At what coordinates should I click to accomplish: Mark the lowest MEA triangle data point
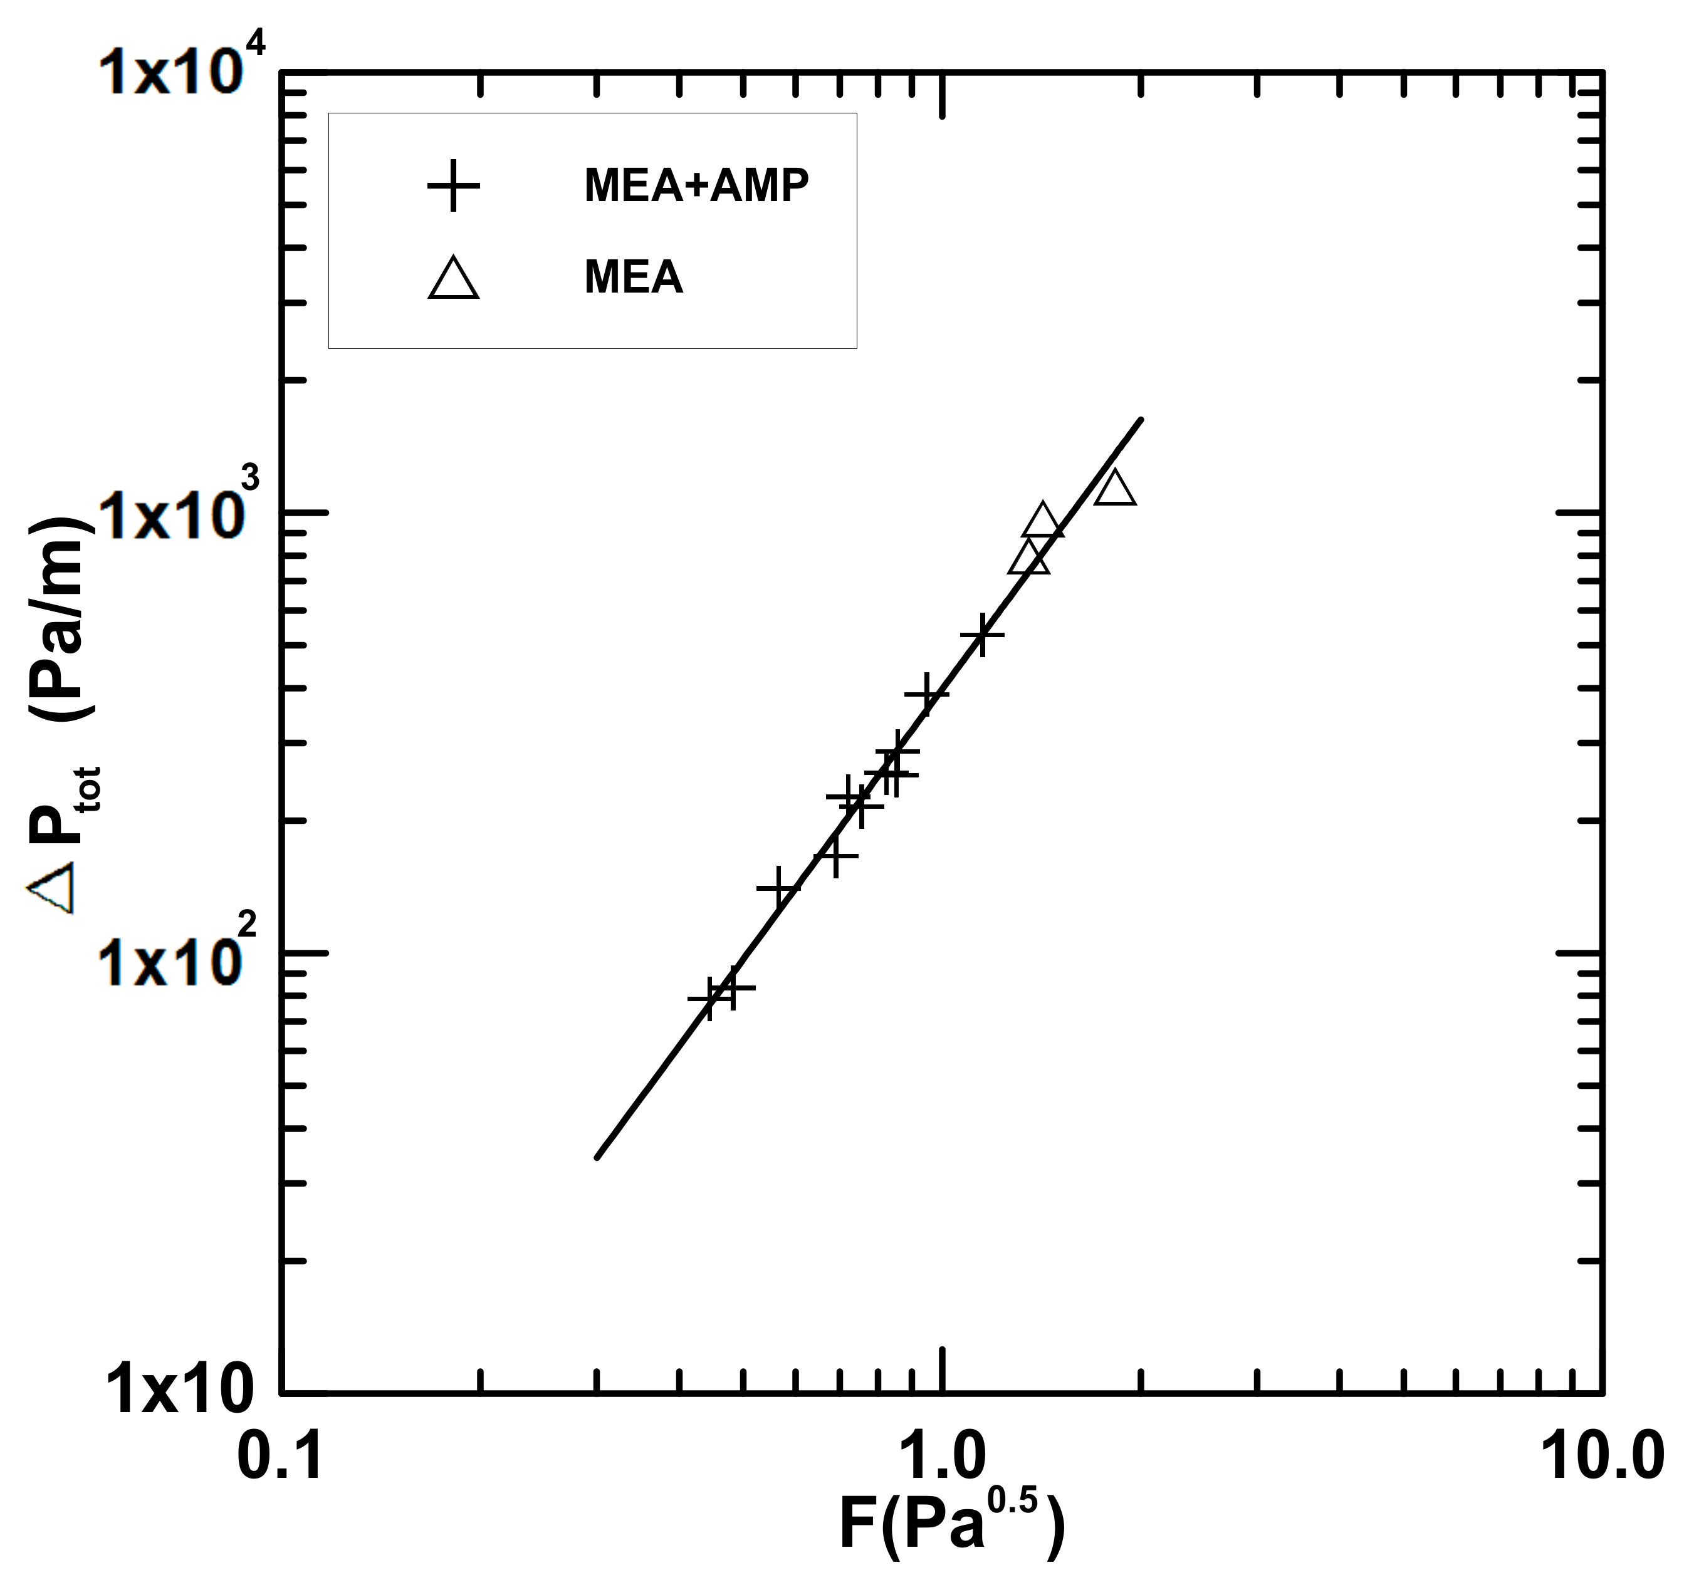click(x=1029, y=559)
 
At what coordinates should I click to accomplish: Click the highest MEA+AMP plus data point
click(x=982, y=635)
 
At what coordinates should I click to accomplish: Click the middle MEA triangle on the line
click(x=1042, y=521)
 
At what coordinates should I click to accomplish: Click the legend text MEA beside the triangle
click(x=633, y=278)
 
